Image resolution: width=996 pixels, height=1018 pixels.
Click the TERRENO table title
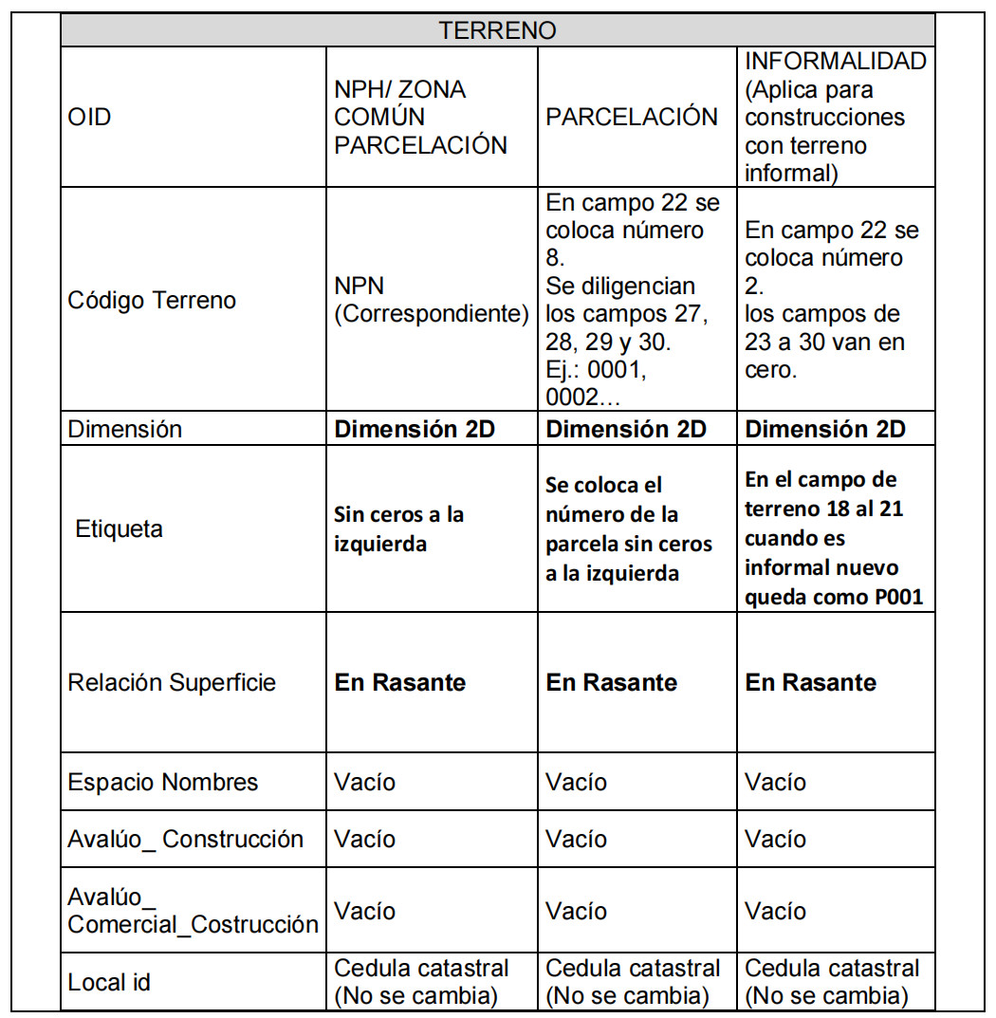coord(497,30)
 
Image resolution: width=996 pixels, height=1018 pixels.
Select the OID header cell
coord(89,118)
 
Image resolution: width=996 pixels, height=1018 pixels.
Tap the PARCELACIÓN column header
coord(632,117)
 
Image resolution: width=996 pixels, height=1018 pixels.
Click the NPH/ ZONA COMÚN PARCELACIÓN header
coord(420,118)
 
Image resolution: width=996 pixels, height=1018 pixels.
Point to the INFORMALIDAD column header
coord(835,118)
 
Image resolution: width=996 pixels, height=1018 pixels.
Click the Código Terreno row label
coord(152,301)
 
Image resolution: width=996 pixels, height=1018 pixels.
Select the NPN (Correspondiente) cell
coord(431,301)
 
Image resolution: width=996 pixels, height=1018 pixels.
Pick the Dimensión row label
coord(124,429)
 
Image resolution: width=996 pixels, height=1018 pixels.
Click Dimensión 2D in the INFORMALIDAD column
coord(825,429)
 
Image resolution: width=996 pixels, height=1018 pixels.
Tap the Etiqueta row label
coord(119,528)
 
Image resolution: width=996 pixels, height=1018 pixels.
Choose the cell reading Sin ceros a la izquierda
coord(398,528)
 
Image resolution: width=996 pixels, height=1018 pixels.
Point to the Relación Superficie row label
coord(172,682)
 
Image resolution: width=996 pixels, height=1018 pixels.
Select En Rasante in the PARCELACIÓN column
coord(611,682)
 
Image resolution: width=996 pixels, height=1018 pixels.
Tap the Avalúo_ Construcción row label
coord(185,840)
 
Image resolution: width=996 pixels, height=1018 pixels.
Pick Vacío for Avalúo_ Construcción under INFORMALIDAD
coord(775,840)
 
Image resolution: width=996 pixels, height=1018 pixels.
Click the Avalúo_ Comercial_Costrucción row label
coord(193,911)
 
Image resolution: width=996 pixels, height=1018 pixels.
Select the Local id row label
coord(109,982)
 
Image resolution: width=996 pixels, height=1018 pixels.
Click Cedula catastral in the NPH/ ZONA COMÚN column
coord(421,969)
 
